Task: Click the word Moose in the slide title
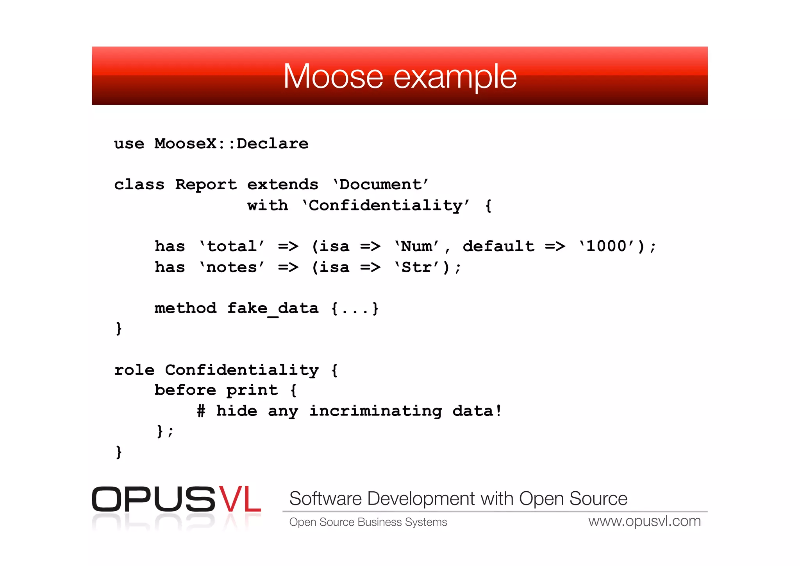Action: [x=333, y=77]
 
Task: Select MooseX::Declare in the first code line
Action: [x=231, y=144]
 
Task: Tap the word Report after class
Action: [x=205, y=184]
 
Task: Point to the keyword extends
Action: [x=282, y=184]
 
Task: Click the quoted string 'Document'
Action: [x=380, y=184]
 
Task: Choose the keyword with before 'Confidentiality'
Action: [x=268, y=205]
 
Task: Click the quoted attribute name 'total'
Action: [x=232, y=246]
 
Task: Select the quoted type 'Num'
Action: [x=416, y=246]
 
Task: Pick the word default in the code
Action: [x=498, y=246]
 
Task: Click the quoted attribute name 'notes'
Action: [x=232, y=267]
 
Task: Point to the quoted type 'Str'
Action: [x=416, y=267]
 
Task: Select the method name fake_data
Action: [x=273, y=308]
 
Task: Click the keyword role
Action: [x=134, y=370]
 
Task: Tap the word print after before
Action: [x=252, y=390]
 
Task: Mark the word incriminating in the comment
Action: [x=375, y=411]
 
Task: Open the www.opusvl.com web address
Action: [x=645, y=521]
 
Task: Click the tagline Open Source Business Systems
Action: [x=368, y=522]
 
